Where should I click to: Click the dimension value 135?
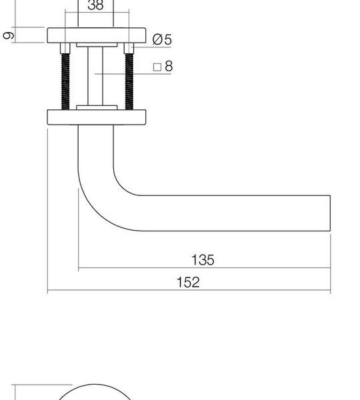point(203,260)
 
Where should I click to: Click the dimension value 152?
point(188,283)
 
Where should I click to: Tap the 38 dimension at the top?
point(96,5)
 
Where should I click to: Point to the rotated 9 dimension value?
point(9,35)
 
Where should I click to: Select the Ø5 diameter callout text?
point(162,39)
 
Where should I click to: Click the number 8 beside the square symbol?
point(169,66)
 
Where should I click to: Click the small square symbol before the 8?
point(157,67)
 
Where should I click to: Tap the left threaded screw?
point(65,81)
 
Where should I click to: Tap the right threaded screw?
point(129,81)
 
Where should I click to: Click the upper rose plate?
point(97,35)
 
